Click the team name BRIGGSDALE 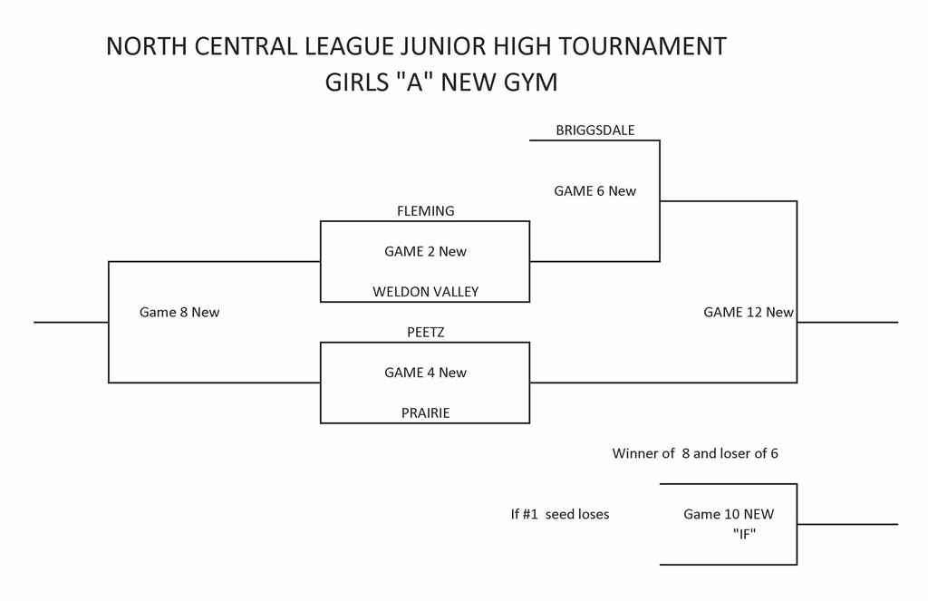coord(594,131)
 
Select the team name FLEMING coord(425,211)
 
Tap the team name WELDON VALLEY coord(425,292)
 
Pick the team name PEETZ coord(425,333)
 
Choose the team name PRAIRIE coord(425,413)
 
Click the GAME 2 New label coord(425,252)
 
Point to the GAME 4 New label coord(425,373)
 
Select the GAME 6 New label coord(594,191)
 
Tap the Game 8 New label coord(179,312)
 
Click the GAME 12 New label coord(749,313)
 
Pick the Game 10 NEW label coord(729,515)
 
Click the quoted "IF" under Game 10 coord(744,535)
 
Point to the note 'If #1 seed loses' coord(560,515)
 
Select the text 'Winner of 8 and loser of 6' coord(695,453)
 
